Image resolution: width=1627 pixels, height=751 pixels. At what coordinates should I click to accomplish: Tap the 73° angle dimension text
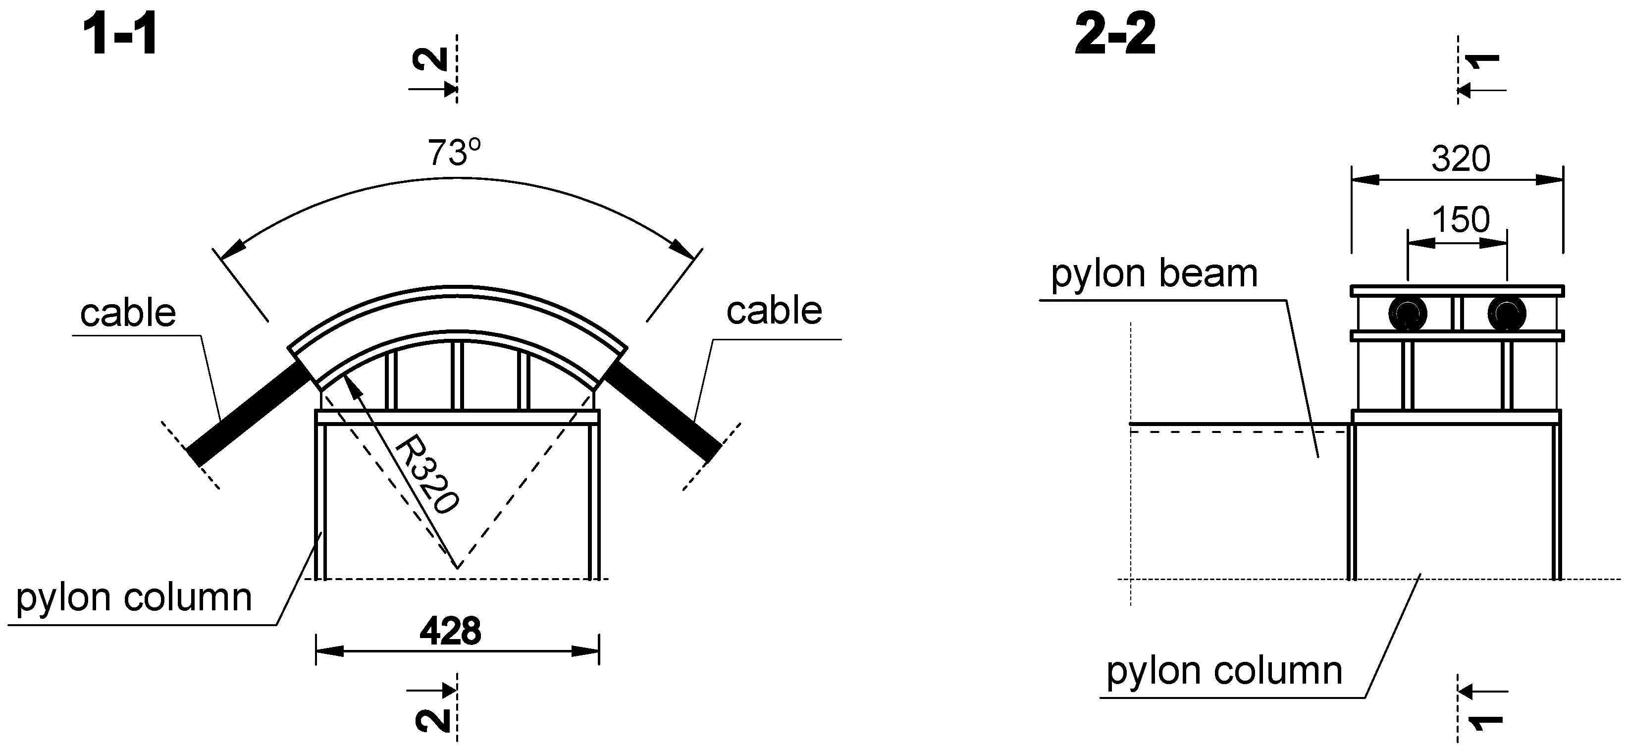[454, 152]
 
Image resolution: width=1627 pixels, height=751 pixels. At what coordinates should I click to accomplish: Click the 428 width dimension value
[450, 630]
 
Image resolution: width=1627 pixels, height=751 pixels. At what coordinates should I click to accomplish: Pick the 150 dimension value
[1460, 220]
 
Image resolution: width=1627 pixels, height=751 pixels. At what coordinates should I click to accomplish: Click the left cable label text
[128, 313]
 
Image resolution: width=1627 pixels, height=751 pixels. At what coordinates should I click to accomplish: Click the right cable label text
[774, 311]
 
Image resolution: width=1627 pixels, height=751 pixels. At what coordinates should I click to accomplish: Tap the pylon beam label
[1154, 273]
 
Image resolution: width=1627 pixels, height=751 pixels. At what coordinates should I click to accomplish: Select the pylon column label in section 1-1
[134, 597]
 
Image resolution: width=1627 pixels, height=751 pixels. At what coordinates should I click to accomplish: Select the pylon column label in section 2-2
[1224, 671]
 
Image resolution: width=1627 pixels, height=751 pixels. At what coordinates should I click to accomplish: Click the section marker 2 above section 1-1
[431, 60]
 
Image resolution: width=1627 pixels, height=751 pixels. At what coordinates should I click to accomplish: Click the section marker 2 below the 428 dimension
[433, 720]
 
